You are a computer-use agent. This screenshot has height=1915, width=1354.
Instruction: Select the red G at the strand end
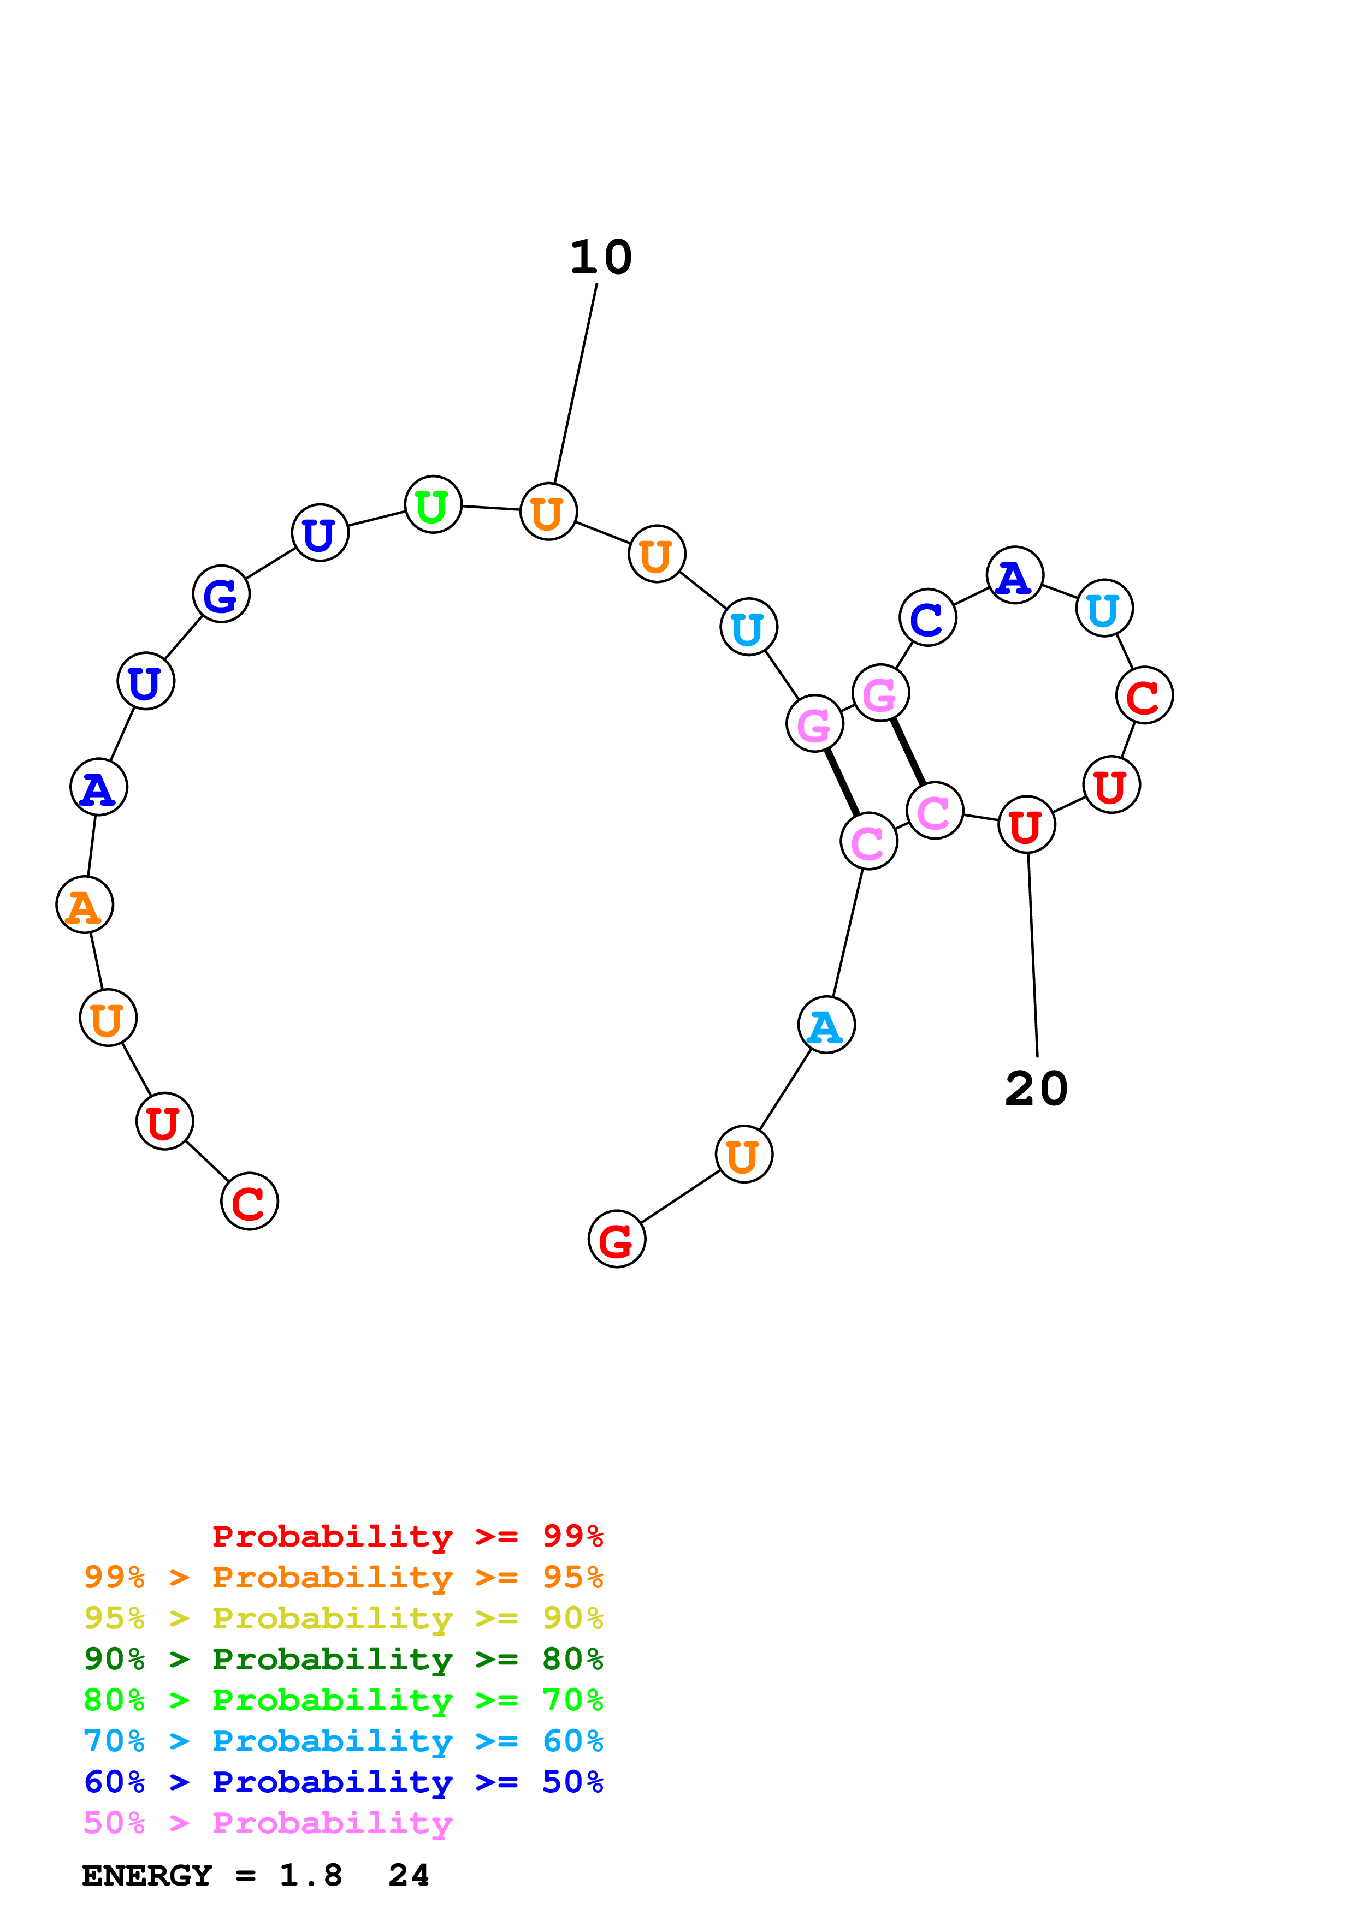point(617,1239)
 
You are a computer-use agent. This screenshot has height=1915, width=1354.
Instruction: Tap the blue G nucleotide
point(221,594)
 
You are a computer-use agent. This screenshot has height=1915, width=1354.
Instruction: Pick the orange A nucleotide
point(84,905)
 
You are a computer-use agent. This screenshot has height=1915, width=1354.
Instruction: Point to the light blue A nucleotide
point(826,1025)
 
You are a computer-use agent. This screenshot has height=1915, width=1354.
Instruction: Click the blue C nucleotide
point(927,617)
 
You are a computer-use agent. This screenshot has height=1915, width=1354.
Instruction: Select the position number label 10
point(601,257)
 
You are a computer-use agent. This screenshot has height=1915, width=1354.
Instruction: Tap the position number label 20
point(1036,1089)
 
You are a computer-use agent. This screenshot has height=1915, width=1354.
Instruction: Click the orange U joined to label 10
point(548,512)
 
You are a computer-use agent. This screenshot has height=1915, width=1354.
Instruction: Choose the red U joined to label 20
point(1026,825)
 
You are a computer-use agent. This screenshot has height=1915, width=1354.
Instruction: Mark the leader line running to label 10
point(576,384)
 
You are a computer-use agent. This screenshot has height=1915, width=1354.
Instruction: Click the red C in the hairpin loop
point(1144,695)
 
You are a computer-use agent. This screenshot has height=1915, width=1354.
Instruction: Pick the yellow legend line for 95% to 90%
point(343,1618)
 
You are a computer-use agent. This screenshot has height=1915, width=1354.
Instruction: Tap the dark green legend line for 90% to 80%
point(343,1659)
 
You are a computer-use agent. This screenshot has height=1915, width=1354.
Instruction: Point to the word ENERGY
point(147,1876)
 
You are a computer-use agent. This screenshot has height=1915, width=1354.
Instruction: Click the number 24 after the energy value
point(409,1876)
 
